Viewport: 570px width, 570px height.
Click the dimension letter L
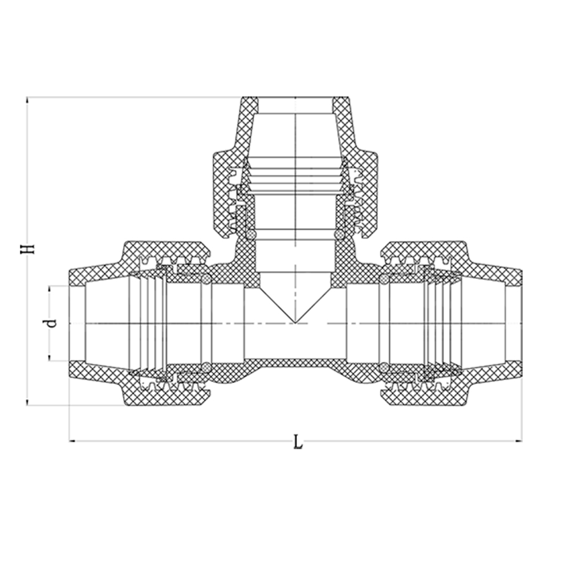coord(298,442)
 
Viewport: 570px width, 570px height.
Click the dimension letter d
coord(53,323)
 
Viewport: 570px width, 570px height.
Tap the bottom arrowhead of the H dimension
coord(27,403)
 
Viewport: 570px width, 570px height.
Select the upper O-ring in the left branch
coord(206,279)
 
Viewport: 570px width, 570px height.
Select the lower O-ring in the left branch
coord(206,367)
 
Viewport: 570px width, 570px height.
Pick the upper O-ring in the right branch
coord(384,279)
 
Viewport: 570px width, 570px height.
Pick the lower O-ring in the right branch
coord(384,367)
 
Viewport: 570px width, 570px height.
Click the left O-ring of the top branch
coord(251,234)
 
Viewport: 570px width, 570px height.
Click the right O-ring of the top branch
coord(339,234)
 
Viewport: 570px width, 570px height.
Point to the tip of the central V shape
coord(295,323)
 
